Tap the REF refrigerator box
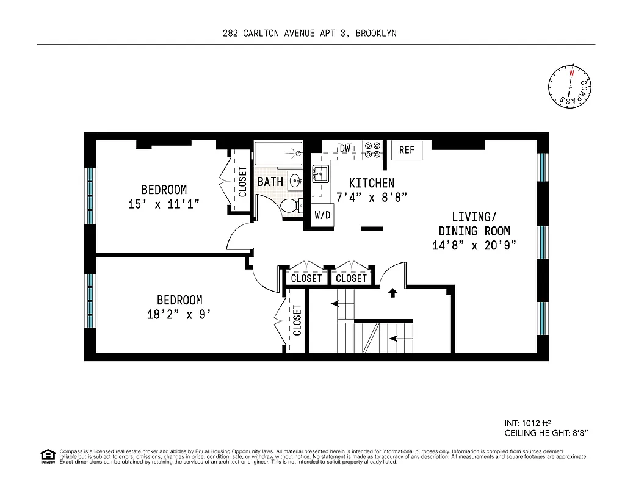coord(407,150)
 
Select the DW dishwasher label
coord(345,148)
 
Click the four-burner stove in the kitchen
coord(372,150)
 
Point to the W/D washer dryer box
coord(323,215)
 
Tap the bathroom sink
coord(295,181)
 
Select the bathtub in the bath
coord(278,153)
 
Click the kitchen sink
coord(320,174)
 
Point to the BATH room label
coord(270,182)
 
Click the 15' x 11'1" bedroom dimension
coord(164,204)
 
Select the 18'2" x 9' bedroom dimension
coord(179,315)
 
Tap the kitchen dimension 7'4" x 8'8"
coord(371,197)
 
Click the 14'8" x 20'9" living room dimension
coord(474,245)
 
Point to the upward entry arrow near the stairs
coord(392,293)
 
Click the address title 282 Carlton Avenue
coord(309,33)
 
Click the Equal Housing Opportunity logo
coord(46,455)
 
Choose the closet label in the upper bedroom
coord(242,182)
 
